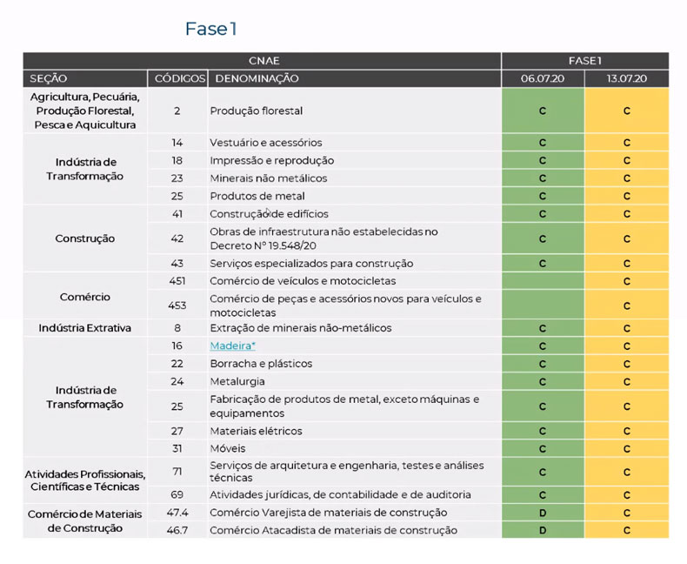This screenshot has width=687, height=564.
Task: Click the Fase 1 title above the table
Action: [210, 30]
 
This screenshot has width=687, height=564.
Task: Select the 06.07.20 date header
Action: [542, 78]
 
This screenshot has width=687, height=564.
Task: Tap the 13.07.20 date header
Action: [626, 78]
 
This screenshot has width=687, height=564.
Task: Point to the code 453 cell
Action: [177, 305]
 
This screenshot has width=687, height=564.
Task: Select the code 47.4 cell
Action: [177, 513]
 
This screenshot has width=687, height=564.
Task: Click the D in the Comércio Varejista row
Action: [542, 513]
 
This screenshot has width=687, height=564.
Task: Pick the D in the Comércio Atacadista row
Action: [542, 530]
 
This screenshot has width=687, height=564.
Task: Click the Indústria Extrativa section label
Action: [84, 328]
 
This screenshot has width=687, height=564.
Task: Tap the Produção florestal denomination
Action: [256, 111]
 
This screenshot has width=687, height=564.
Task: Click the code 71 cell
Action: [177, 472]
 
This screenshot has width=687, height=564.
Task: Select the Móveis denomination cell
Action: [228, 448]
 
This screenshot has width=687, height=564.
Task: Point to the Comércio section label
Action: [84, 297]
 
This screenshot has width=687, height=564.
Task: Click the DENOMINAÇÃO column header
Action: [257, 78]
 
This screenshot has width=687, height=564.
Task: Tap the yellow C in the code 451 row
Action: [626, 281]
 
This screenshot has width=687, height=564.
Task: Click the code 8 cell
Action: [177, 328]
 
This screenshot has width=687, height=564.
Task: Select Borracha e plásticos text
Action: [261, 363]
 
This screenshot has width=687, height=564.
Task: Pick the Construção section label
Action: [84, 238]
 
